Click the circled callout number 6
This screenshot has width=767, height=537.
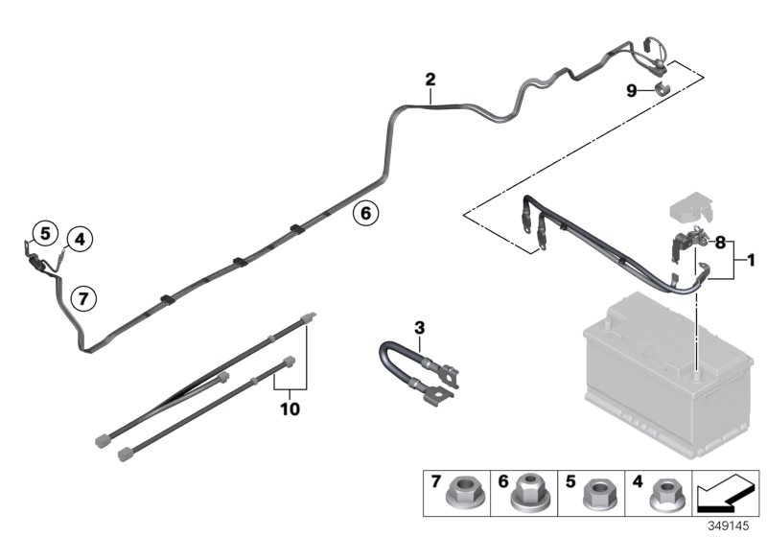[x=364, y=212]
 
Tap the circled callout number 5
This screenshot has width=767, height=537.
[x=42, y=232]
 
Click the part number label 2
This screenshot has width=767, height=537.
[x=430, y=79]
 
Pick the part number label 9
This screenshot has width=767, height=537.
[x=631, y=90]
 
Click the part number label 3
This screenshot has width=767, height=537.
[x=419, y=328]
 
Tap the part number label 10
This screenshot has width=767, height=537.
[x=290, y=409]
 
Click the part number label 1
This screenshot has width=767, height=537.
[x=752, y=259]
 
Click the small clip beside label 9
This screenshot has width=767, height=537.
[x=661, y=90]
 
